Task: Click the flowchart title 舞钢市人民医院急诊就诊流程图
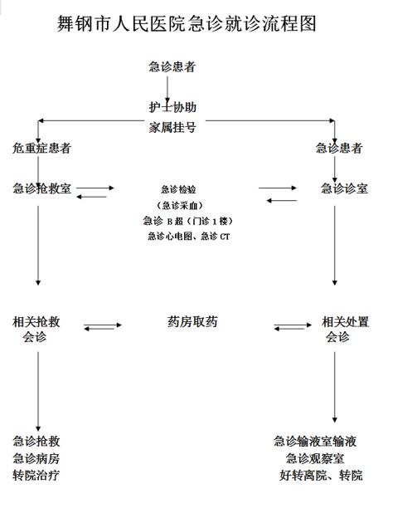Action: tap(187, 23)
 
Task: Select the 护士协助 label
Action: tap(172, 107)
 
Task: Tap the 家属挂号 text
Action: tap(172, 128)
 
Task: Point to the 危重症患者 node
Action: tap(41, 148)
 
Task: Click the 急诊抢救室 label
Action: tap(41, 188)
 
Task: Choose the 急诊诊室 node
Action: tap(344, 188)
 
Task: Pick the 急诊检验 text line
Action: tap(178, 189)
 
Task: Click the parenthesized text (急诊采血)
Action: tap(180, 205)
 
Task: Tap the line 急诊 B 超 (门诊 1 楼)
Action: tap(188, 221)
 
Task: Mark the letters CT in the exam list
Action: tap(225, 237)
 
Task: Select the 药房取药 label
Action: tap(192, 322)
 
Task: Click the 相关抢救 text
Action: tap(36, 322)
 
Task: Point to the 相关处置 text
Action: tap(346, 322)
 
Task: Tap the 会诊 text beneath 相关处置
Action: tap(337, 337)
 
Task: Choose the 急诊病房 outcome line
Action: tap(36, 458)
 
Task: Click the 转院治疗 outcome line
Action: tap(36, 476)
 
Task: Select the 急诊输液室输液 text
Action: tap(315, 441)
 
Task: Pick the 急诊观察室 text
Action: tap(315, 458)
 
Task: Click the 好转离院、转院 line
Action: tap(321, 476)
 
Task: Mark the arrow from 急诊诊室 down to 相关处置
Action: tap(335, 246)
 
